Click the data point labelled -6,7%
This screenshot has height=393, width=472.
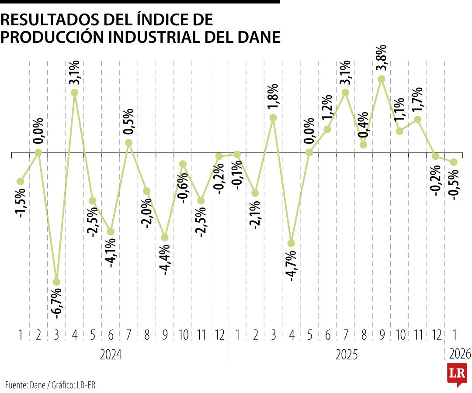pyautogui.click(x=56, y=282)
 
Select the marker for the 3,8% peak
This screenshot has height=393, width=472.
pyautogui.click(x=382, y=79)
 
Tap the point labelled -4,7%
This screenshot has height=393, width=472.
pyautogui.click(x=291, y=243)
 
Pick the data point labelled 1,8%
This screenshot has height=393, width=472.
pyautogui.click(x=273, y=117)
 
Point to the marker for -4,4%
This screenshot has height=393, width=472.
pyautogui.click(x=165, y=238)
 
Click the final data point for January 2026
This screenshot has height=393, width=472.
pyautogui.click(x=454, y=162)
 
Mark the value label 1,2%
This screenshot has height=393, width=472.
pyautogui.click(x=328, y=109)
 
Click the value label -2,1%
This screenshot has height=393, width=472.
pyautogui.click(x=255, y=215)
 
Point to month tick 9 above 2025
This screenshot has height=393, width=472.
pyautogui.click(x=382, y=335)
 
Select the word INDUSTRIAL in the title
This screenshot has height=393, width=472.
pyautogui.click(x=159, y=37)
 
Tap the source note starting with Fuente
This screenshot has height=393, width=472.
pyautogui.click(x=51, y=385)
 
